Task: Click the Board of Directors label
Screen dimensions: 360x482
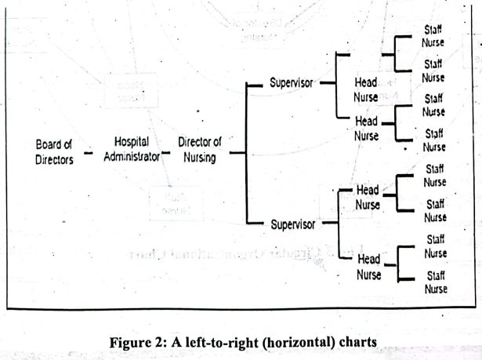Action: [x=55, y=151]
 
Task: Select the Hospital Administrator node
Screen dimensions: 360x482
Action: [x=132, y=149]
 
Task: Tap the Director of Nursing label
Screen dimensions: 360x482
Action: [x=200, y=149]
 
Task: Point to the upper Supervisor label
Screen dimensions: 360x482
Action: [x=292, y=82]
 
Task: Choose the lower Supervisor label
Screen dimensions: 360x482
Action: [x=293, y=224]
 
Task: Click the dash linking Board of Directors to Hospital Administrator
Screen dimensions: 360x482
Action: [x=89, y=153]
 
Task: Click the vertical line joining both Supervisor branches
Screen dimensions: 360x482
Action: [x=248, y=153]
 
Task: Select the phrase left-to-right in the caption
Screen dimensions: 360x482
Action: [x=215, y=342]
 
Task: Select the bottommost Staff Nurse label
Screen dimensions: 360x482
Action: [x=435, y=282]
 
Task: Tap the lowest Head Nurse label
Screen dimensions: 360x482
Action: [x=368, y=267]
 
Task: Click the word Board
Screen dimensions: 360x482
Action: [x=49, y=144]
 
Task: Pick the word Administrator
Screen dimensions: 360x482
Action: [x=132, y=157]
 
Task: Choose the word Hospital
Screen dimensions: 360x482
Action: [x=132, y=142]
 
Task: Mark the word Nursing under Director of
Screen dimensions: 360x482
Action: [x=200, y=157]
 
